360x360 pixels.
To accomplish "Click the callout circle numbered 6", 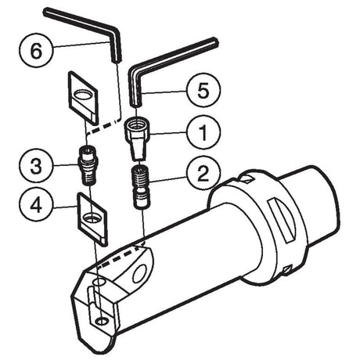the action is coord(36,50).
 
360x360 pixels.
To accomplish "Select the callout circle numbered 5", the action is coord(203,90).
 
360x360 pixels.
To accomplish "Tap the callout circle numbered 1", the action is coord(203,132).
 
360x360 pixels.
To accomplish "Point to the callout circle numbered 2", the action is coord(203,174).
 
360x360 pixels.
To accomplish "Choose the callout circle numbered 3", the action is coord(36,166).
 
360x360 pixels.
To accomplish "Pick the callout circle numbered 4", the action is coord(36,205).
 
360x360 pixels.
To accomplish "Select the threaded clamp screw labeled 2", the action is coord(140,187).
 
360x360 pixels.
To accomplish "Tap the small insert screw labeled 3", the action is coord(88,165).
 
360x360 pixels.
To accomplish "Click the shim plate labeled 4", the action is coord(92,219).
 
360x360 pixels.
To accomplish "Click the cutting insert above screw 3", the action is coord(83,98).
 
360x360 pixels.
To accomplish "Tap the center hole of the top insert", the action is coord(83,95).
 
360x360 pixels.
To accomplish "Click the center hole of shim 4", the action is coord(92,218).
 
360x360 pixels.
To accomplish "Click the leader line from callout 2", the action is coord(167,179).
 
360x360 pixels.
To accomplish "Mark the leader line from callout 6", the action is coord(81,44).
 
